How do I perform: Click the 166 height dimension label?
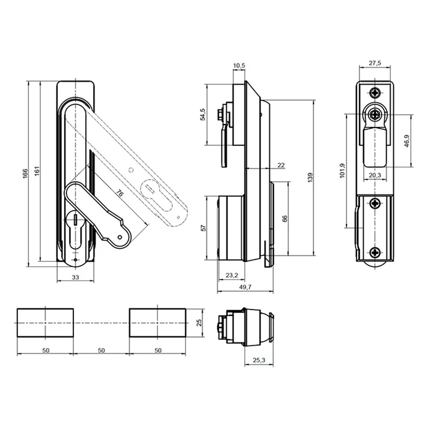point(25,174)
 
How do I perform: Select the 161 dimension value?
point(37,171)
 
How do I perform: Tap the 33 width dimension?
point(75,277)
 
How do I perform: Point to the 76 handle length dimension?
point(119,193)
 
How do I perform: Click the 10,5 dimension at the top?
point(239,65)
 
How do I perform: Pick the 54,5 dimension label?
point(203,114)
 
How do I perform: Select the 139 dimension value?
point(310,177)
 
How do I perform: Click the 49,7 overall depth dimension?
point(245,287)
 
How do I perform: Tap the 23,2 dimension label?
point(232,275)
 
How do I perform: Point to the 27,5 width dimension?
point(375,63)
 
